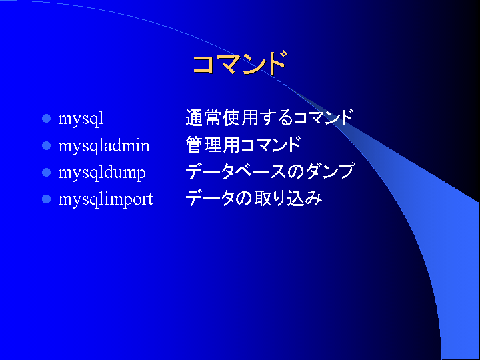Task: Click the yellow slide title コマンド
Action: click(240, 63)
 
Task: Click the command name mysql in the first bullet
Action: click(81, 119)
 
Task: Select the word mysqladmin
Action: click(104, 145)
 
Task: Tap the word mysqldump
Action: click(102, 173)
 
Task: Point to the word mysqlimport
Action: click(105, 199)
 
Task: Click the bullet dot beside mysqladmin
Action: click(46, 145)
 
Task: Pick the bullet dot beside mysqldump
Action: click(46, 173)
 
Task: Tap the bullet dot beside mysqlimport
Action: click(46, 199)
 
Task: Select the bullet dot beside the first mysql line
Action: click(46, 119)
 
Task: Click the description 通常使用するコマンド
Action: click(270, 117)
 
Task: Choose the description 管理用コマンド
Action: click(243, 145)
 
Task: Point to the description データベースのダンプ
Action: click(270, 171)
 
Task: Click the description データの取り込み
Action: click(254, 199)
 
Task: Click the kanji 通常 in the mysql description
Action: click(204, 117)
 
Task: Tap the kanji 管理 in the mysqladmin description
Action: click(204, 145)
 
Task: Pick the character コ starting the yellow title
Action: click(203, 64)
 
